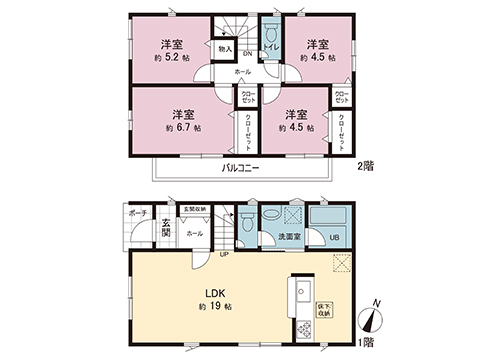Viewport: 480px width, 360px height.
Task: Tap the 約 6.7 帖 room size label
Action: (183, 129)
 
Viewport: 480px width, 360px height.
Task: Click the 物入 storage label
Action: (225, 48)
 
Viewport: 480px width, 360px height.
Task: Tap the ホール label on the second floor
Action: (243, 73)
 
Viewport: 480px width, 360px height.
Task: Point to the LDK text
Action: (215, 292)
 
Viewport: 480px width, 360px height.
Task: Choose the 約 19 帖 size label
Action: (215, 305)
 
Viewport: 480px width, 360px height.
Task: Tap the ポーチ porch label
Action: (139, 212)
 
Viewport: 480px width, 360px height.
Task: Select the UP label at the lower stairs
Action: (226, 253)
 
